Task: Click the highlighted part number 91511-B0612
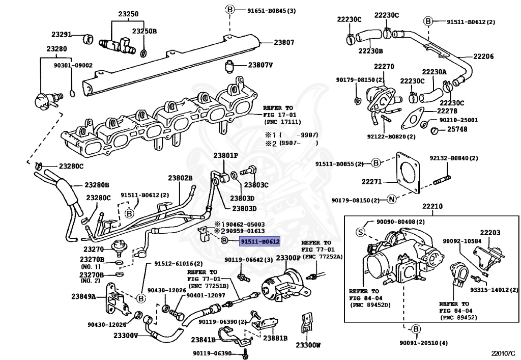point(260,242)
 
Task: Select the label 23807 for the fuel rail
point(284,43)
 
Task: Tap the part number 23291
point(62,35)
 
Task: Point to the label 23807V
point(260,65)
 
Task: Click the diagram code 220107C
point(505,353)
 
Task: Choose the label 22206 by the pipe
point(483,57)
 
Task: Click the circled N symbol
point(392,200)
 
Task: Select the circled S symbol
point(361,232)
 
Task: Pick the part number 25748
point(457,129)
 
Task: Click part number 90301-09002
point(73,66)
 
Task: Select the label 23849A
point(83,296)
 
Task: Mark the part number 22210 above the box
point(432,206)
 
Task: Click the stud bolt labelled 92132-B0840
point(442,180)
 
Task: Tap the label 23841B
point(203,340)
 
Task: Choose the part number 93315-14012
point(494,290)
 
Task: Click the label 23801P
point(225,155)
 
